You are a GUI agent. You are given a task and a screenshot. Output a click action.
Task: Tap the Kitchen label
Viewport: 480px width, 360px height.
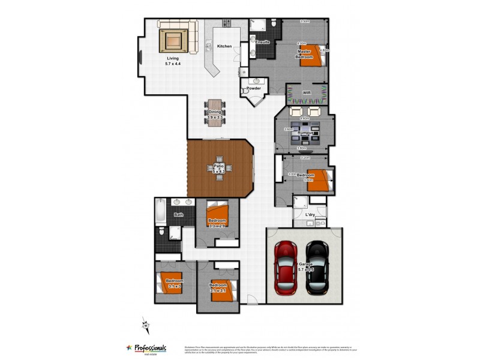coord(224,46)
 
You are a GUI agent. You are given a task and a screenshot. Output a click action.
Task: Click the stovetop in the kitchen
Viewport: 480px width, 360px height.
coord(227,24)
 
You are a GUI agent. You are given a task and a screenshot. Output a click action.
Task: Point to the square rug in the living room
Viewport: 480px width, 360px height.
coord(174,41)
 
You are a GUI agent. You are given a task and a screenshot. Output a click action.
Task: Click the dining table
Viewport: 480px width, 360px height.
coord(215,110)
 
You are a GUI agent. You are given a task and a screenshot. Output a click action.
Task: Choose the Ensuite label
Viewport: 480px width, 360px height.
coord(262,43)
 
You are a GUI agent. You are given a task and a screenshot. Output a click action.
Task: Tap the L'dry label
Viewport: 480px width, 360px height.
coord(310,215)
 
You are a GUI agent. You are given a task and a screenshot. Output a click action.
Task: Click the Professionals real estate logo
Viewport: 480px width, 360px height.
coord(146,349)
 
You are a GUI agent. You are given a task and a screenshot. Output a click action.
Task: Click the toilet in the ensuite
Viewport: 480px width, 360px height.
coord(274,24)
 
